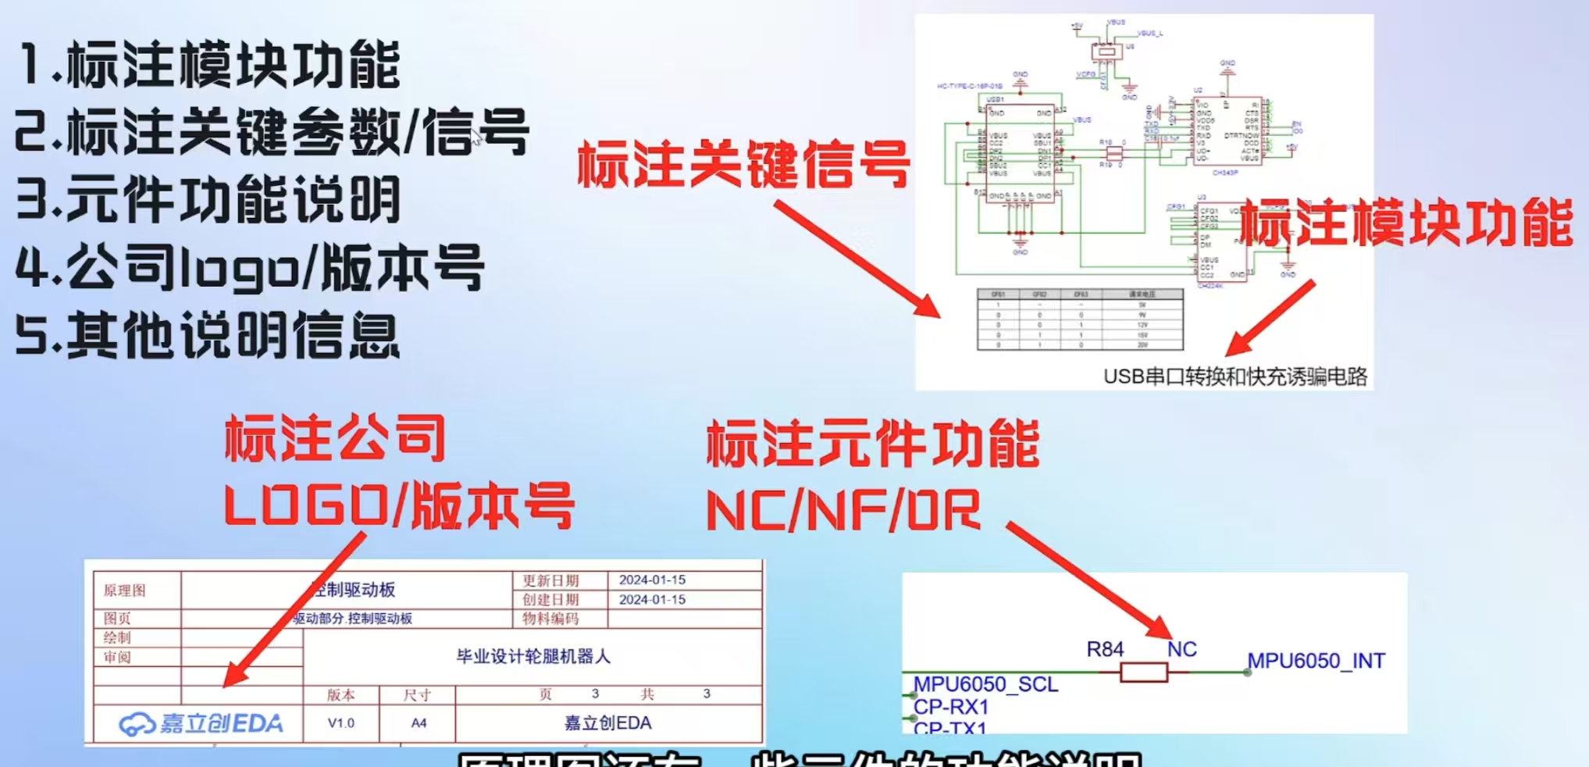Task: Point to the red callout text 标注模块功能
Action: [1406, 223]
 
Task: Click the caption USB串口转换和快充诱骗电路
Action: [1235, 377]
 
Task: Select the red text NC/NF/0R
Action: [843, 512]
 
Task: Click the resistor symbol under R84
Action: [1143, 672]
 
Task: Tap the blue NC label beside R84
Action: [1181, 649]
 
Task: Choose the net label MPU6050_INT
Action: [1316, 661]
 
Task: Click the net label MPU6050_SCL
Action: [985, 684]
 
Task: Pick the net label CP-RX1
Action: [951, 707]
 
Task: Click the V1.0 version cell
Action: [340, 723]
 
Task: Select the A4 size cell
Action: [419, 723]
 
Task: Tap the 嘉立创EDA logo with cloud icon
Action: [201, 723]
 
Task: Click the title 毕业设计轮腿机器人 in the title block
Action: [533, 656]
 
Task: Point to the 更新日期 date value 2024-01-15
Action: [652, 580]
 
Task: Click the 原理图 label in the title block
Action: [125, 590]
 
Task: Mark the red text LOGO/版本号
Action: [399, 506]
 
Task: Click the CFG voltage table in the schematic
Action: [1080, 319]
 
